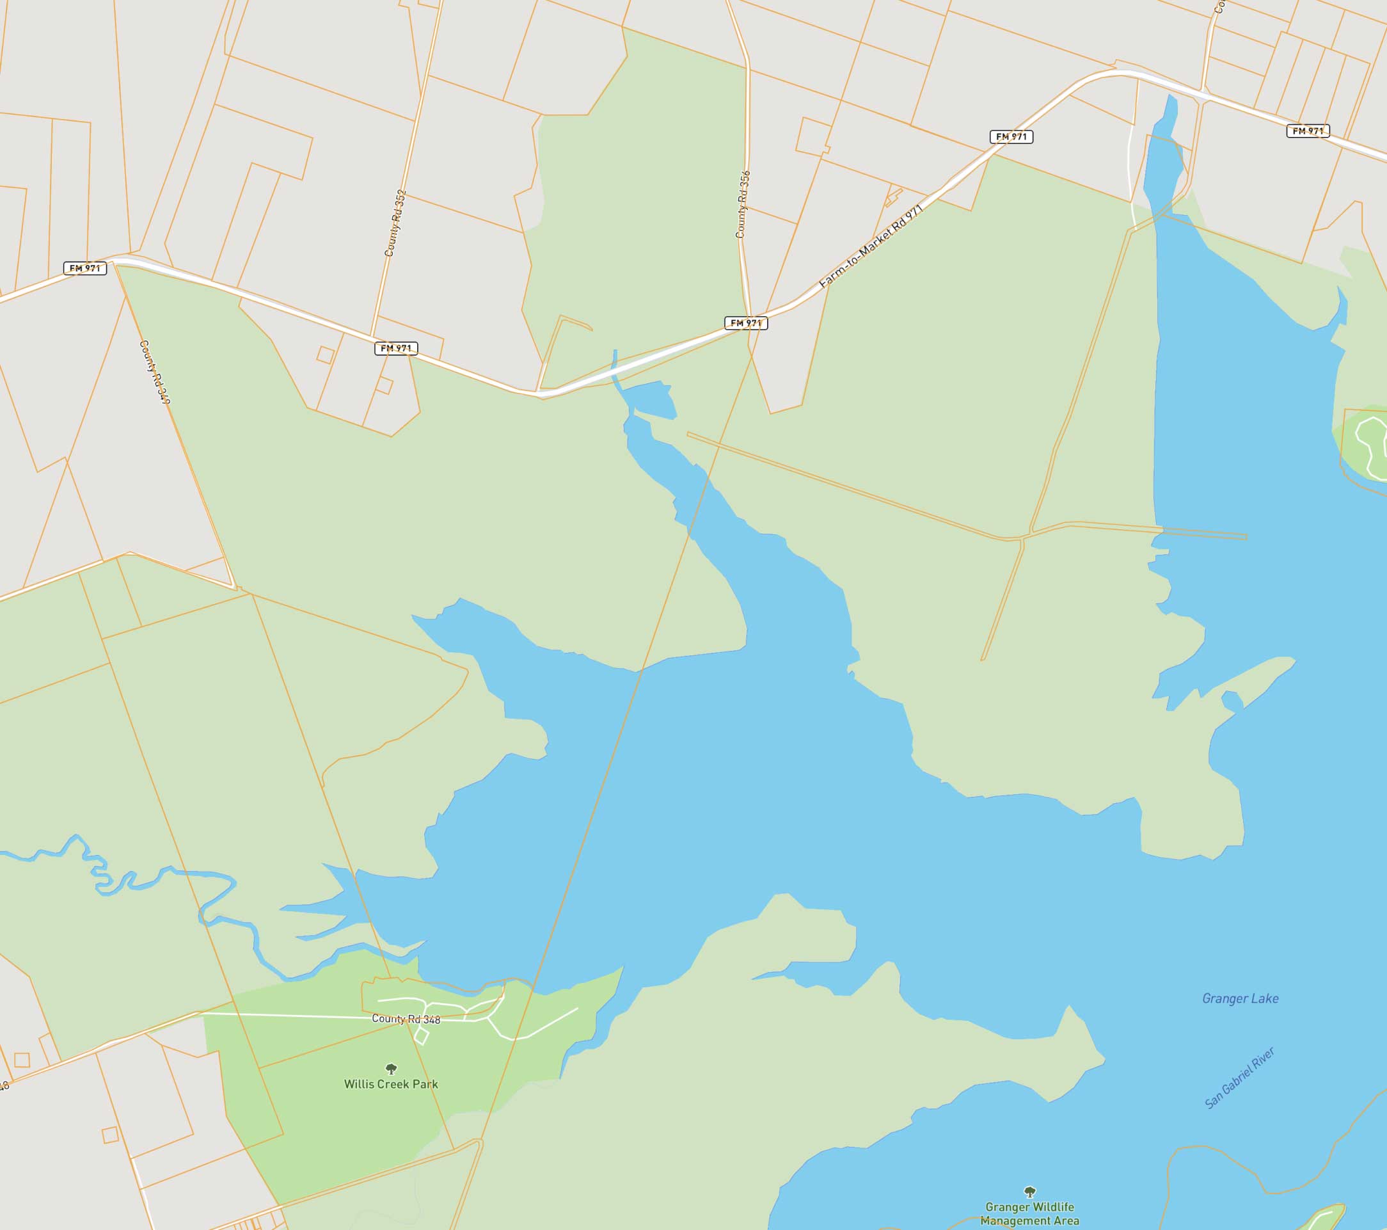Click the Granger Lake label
[1240, 998]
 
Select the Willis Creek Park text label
[391, 1084]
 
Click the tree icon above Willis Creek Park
[391, 1069]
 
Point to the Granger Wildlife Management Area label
[1029, 1214]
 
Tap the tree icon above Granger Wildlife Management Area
[1029, 1192]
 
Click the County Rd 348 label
[406, 1019]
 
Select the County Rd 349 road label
[155, 372]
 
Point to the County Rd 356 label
[743, 204]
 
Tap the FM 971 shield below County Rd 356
[746, 323]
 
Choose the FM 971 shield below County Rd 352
[395, 348]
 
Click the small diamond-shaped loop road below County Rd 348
[421, 1036]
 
